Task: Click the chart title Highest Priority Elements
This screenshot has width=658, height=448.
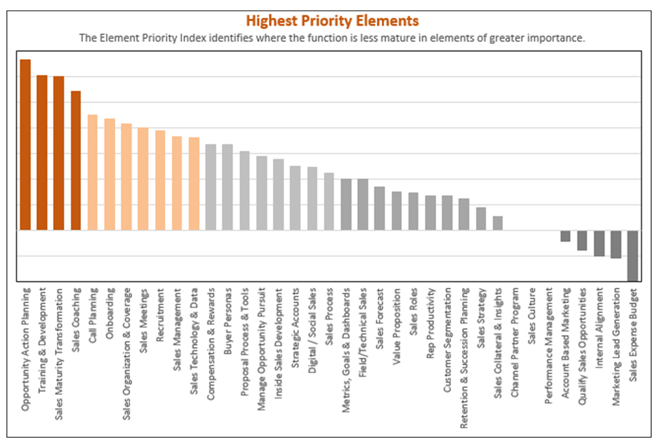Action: click(x=332, y=21)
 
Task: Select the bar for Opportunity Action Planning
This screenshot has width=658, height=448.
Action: click(x=25, y=145)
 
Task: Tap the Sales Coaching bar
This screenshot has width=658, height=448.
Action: click(x=76, y=161)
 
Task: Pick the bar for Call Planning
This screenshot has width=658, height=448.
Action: click(x=93, y=172)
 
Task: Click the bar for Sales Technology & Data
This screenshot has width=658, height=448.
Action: click(x=194, y=184)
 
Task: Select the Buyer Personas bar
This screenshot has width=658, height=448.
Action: click(x=227, y=187)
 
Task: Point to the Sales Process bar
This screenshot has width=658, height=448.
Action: click(x=329, y=202)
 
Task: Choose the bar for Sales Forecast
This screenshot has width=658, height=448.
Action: click(x=379, y=208)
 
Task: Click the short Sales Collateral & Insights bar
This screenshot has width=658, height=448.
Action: click(x=498, y=223)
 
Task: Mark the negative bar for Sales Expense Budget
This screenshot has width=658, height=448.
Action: click(x=632, y=256)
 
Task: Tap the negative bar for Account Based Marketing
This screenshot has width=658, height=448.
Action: click(x=565, y=236)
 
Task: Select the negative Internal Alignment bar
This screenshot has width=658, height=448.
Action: click(x=599, y=243)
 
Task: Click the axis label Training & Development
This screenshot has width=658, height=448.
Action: click(x=42, y=341)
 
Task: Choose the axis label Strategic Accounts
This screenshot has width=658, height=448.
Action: click(x=295, y=328)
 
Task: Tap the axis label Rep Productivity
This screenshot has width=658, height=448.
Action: click(x=430, y=323)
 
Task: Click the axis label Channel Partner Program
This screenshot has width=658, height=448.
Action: click(x=515, y=343)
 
